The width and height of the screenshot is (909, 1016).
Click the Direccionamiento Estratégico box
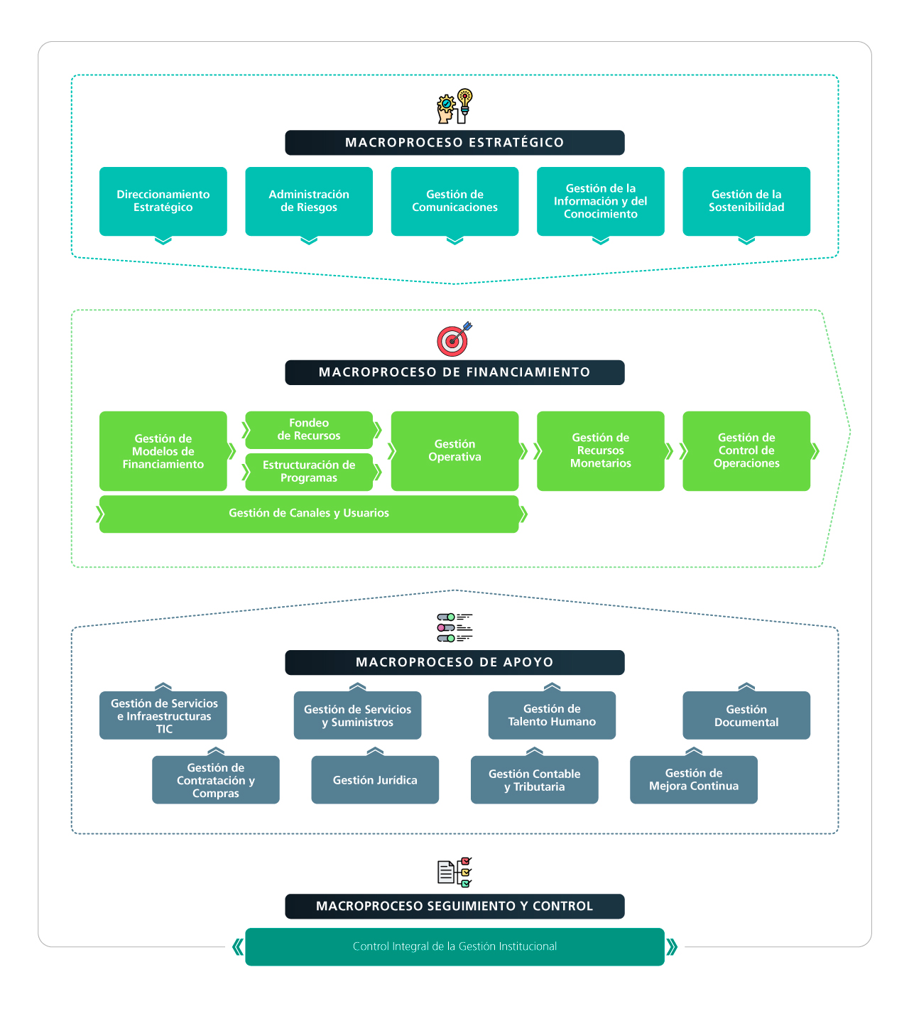tap(163, 201)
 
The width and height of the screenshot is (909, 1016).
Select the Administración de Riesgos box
tap(309, 201)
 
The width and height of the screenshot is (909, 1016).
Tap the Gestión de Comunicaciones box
tap(454, 201)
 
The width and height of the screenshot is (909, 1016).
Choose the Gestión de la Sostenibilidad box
tap(746, 201)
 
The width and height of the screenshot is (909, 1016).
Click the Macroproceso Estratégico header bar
tap(454, 143)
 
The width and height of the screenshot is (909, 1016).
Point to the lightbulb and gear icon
tap(454, 107)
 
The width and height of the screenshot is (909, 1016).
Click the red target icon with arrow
tap(454, 340)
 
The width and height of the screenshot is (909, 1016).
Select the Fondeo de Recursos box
tap(309, 429)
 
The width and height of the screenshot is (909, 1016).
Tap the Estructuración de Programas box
tap(309, 472)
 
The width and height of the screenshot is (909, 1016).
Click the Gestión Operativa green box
tap(454, 450)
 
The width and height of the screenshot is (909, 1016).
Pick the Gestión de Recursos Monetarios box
tap(601, 450)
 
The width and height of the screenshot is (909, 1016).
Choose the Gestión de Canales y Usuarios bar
tap(309, 514)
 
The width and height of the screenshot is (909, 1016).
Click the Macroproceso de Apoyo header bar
tap(454, 662)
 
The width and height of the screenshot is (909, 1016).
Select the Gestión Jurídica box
tap(375, 780)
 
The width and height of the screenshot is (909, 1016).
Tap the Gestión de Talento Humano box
tap(552, 715)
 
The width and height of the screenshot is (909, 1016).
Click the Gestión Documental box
tap(746, 715)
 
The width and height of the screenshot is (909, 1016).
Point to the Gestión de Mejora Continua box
tap(694, 780)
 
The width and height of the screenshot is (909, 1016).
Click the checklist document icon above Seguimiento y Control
tap(454, 872)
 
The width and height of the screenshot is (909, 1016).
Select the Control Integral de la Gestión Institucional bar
tap(454, 946)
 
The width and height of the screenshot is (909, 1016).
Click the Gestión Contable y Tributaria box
tap(535, 780)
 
